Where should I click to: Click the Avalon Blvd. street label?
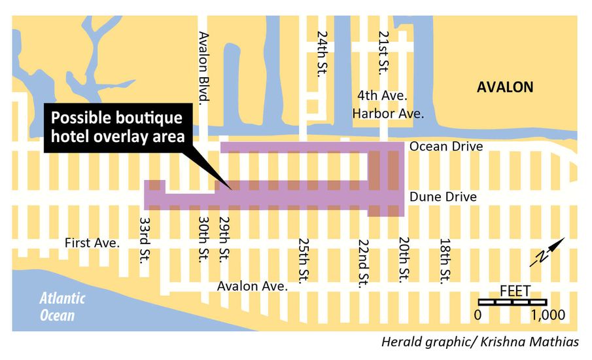[204, 67]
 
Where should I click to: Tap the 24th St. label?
[321, 52]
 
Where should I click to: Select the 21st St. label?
[384, 52]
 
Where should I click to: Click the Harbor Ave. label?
[388, 114]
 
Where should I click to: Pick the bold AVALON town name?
[505, 87]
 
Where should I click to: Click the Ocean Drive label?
[446, 147]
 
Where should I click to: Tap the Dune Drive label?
[442, 196]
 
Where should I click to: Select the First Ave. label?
[92, 243]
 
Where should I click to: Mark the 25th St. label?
[304, 261]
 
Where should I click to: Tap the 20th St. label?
[404, 261]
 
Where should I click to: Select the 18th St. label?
[445, 261]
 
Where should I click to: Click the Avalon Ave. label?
[252, 286]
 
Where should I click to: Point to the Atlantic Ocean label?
[62, 307]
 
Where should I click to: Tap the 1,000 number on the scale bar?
[548, 315]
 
